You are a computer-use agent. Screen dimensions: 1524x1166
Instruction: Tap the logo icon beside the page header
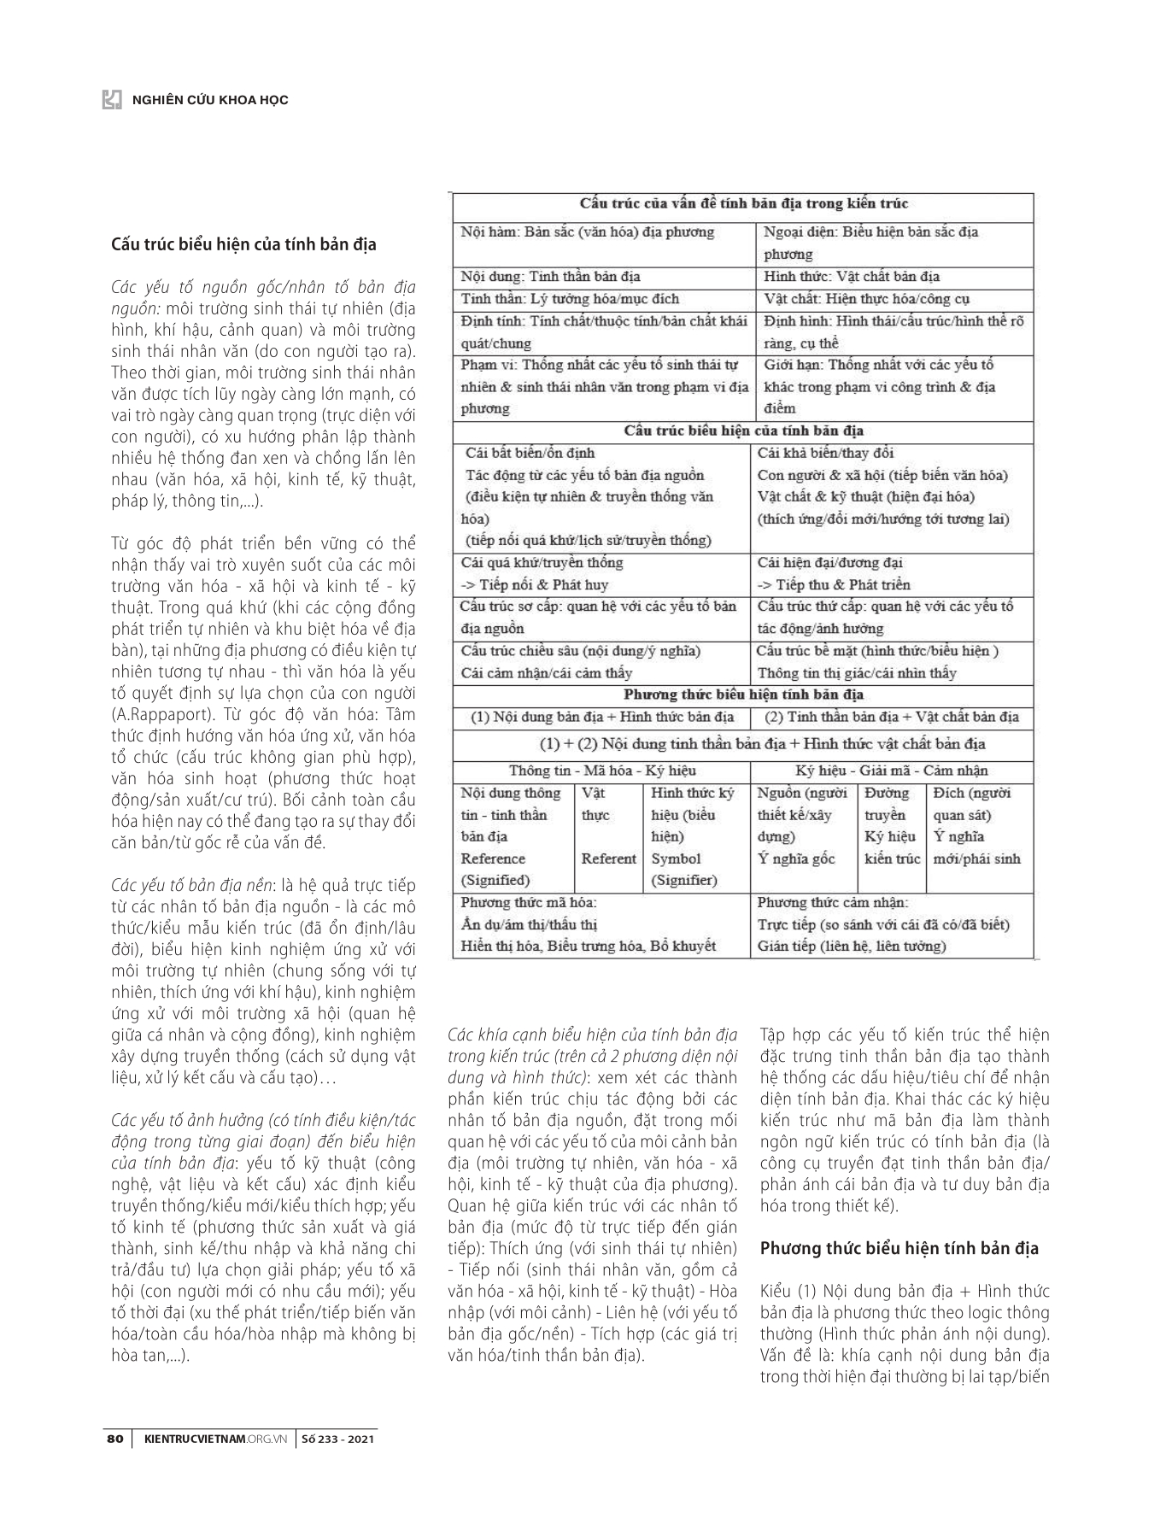[112, 99]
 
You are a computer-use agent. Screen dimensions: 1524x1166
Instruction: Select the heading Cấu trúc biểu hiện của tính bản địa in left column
[244, 245]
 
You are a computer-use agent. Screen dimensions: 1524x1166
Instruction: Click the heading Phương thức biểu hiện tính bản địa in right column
[899, 1248]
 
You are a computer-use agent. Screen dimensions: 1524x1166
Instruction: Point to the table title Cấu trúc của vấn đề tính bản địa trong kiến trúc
[743, 204]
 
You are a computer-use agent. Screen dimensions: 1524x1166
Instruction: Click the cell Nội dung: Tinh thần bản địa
[551, 277]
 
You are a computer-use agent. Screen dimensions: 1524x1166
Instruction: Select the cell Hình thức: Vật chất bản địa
[852, 277]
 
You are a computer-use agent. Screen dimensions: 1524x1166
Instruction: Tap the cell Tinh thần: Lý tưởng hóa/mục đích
[570, 299]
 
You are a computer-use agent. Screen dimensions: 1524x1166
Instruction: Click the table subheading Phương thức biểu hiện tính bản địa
[743, 695]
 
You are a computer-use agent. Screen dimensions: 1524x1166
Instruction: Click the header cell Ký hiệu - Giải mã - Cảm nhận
[892, 770]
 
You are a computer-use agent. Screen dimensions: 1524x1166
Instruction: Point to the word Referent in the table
[608, 859]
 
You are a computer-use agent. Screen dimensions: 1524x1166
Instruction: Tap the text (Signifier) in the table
[684, 880]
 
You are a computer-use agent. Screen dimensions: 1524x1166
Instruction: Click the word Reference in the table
[493, 859]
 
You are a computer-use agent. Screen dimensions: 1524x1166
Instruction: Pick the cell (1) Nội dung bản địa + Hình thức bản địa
[602, 717]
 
